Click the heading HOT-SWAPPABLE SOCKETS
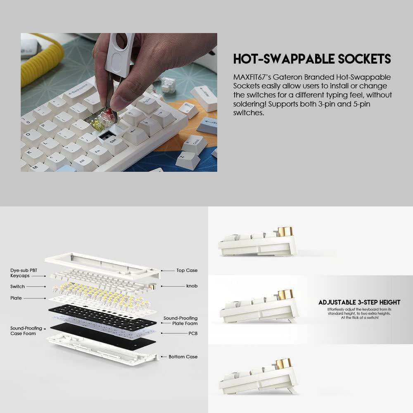[312, 59]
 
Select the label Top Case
[187, 271]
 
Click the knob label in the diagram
[192, 286]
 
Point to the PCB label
[192, 332]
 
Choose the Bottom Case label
[183, 356]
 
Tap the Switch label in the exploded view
[17, 286]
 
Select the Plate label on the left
[16, 298]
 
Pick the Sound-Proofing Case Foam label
[26, 330]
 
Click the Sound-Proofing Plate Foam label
[180, 321]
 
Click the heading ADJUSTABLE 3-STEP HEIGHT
[359, 302]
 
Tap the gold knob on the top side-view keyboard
[284, 231]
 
